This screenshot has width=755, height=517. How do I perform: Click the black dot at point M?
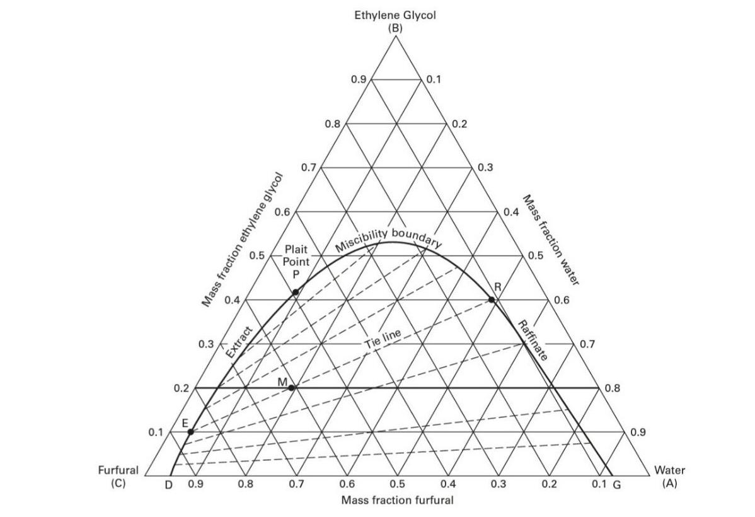point(292,388)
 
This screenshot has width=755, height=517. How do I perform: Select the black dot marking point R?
point(492,299)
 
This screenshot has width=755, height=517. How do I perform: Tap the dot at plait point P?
point(296,292)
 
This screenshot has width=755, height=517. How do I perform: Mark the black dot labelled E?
point(190,431)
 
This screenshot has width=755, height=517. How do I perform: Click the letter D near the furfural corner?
point(168,485)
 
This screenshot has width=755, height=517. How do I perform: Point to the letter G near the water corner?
point(617,485)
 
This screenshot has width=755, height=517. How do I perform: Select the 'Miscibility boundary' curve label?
point(388,237)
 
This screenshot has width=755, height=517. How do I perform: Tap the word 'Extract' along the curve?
point(239,343)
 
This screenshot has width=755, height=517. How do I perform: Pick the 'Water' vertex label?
point(669,470)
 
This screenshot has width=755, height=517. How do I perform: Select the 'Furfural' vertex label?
point(117,470)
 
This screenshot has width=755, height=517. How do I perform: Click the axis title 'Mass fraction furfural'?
point(396,501)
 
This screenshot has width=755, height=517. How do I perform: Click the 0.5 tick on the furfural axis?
point(396,485)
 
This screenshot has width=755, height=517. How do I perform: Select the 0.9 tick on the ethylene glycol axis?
point(359,79)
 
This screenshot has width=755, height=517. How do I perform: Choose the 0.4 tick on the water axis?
point(510,212)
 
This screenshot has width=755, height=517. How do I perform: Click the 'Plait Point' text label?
point(295,255)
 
